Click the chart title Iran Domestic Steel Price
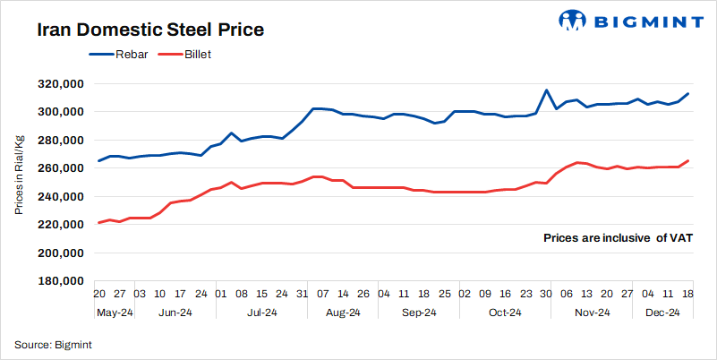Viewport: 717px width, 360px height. pos(149,30)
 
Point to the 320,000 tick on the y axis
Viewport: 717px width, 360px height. pos(61,84)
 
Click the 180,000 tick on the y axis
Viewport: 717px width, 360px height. pos(61,281)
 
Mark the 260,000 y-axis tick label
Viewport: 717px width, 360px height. pos(61,168)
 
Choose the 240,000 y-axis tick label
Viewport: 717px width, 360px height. pos(61,197)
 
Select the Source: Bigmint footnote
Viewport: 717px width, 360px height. pos(53,344)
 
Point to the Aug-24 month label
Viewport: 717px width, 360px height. pos(342,313)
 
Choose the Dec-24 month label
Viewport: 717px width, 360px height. pos(662,313)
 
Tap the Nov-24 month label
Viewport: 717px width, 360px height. pos(591,313)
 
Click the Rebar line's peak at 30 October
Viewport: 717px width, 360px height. pos(546,90)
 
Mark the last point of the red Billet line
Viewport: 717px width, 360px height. pos(687,161)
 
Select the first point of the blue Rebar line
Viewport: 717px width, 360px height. pos(98,161)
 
